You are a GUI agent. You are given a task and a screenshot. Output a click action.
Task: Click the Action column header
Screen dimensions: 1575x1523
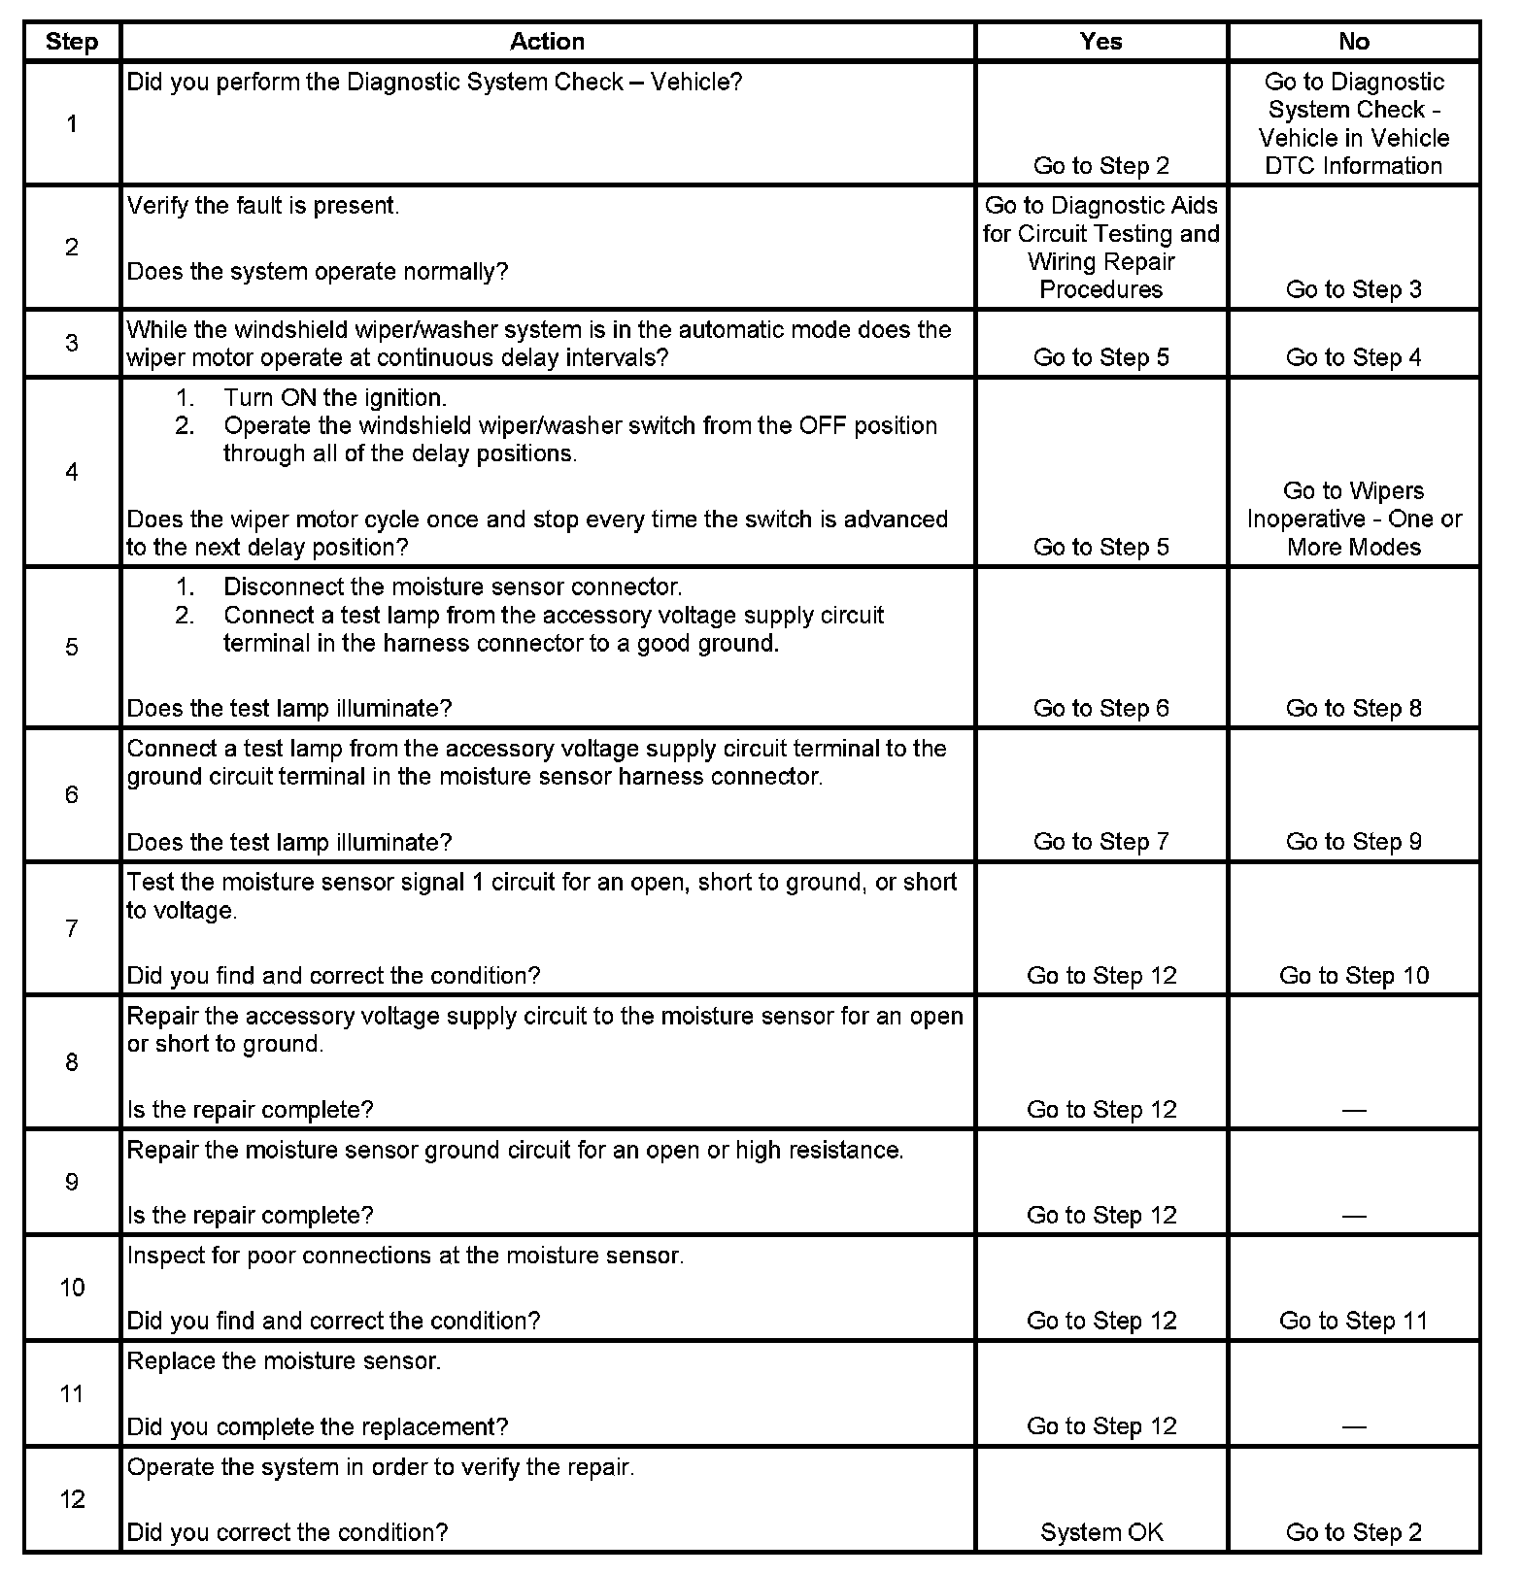(547, 42)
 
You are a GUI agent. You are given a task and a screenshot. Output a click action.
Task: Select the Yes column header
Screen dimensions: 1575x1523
(1100, 42)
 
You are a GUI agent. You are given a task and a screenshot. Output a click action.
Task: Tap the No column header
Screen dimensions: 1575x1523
(1353, 42)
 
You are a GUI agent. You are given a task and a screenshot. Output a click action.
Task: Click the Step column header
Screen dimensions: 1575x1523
(72, 43)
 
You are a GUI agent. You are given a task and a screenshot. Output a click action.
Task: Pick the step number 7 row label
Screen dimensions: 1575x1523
(72, 928)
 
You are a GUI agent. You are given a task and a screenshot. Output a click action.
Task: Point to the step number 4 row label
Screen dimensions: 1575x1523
(72, 472)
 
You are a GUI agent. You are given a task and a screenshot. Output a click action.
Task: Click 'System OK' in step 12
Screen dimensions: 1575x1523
(1101, 1532)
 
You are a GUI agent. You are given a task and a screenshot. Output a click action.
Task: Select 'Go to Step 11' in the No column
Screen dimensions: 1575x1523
(1353, 1321)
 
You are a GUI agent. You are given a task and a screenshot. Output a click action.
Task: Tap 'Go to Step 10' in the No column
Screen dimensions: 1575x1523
(1353, 975)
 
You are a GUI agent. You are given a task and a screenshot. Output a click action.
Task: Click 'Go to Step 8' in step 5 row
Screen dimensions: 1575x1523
(1353, 708)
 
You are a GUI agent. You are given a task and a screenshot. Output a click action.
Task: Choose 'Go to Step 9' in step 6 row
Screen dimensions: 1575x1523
(1353, 842)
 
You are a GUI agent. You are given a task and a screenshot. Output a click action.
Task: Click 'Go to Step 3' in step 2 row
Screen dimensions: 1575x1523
(1353, 289)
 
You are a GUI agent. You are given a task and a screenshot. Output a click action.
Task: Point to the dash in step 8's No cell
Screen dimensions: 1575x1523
(1353, 1110)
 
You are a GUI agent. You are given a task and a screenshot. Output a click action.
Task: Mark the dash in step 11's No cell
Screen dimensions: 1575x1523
(1353, 1426)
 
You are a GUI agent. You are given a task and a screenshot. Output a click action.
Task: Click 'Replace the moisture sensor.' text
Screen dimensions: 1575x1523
(284, 1361)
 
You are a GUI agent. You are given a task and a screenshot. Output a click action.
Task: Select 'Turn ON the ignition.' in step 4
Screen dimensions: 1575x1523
(334, 398)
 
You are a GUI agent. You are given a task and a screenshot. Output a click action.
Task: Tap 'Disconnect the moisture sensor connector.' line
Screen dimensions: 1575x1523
(453, 587)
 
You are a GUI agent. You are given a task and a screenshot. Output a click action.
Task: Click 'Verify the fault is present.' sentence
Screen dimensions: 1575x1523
(263, 206)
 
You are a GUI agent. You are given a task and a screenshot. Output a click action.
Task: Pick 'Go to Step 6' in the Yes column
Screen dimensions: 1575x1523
(1101, 708)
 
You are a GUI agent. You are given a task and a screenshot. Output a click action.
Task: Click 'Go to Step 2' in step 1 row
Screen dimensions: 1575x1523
(1101, 166)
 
